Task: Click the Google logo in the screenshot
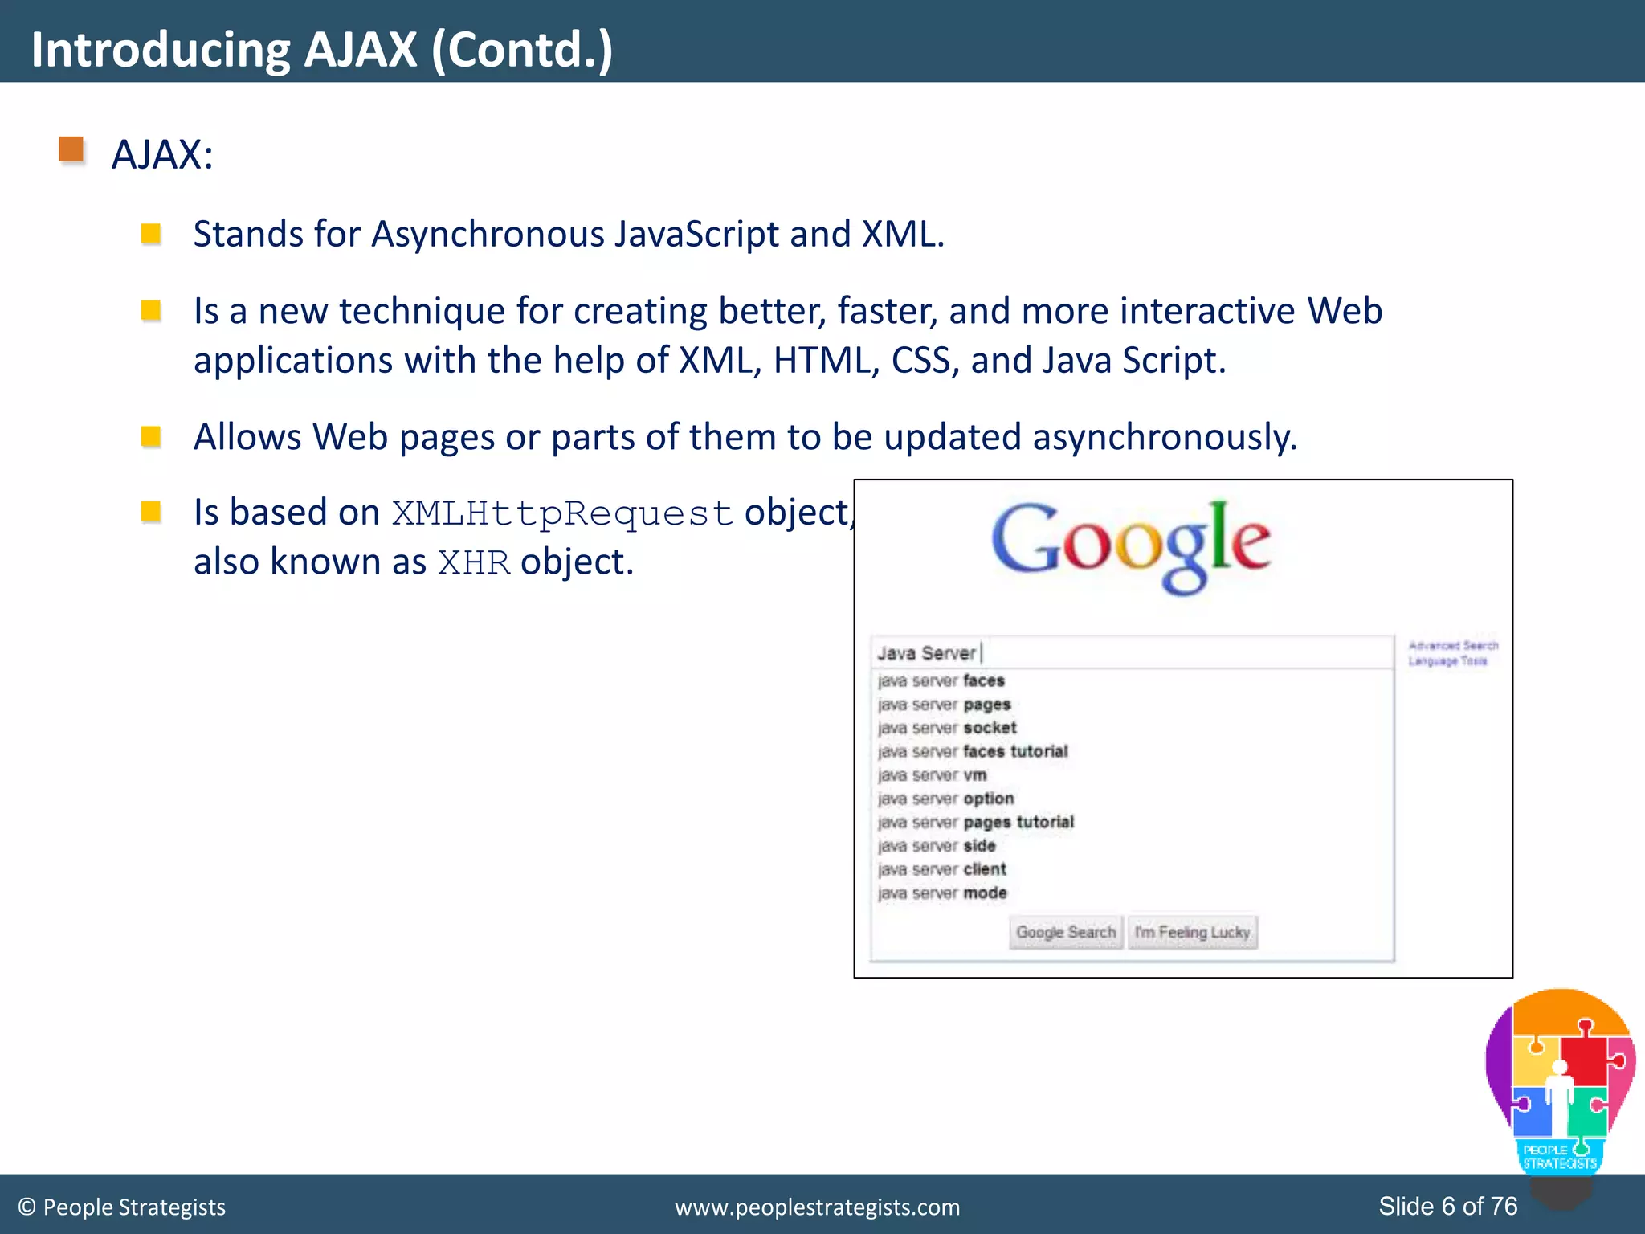coord(1130,545)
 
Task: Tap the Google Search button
coord(1065,932)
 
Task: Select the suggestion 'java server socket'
coord(947,728)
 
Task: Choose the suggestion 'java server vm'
coord(932,775)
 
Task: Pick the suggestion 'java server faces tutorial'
coord(973,751)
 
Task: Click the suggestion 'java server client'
coord(941,869)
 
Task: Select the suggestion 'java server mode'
coord(941,893)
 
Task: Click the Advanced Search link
coord(1453,645)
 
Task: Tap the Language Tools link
coord(1447,661)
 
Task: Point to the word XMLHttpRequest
coord(561,513)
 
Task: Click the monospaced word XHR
coord(474,562)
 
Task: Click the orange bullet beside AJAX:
coord(71,150)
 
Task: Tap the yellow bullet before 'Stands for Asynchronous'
coord(151,234)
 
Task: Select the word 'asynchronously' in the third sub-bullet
coord(1164,438)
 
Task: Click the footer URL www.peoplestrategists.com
coord(817,1207)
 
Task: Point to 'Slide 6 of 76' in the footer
coord(1447,1206)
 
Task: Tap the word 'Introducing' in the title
coord(160,50)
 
